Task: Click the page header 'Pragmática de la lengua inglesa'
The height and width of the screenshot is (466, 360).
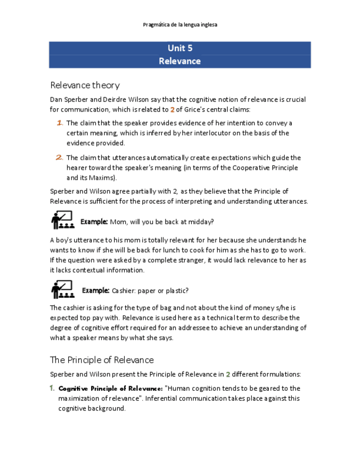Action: point(180,25)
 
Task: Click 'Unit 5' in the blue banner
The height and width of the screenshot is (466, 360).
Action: point(180,48)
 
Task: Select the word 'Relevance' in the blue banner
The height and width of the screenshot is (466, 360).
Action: point(180,61)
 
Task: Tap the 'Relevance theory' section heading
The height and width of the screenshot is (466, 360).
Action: point(85,85)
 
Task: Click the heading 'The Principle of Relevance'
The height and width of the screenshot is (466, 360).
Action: point(102,360)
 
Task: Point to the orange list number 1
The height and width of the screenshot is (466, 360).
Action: point(59,123)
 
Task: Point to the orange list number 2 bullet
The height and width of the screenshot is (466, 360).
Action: point(59,158)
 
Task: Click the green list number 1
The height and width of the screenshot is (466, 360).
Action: point(52,388)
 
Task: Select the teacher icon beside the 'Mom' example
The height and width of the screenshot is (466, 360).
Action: point(62,220)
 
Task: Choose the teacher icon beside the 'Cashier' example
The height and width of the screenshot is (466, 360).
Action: point(62,289)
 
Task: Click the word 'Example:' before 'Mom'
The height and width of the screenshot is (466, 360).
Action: point(94,222)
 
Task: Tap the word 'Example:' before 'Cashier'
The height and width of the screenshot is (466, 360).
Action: point(96,291)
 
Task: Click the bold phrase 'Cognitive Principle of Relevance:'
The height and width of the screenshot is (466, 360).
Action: point(110,389)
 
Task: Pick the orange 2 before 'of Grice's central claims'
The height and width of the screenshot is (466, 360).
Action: point(172,110)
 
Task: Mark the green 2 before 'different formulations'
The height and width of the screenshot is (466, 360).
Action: point(228,375)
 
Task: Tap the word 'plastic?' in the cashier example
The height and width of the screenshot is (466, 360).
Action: point(176,291)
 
